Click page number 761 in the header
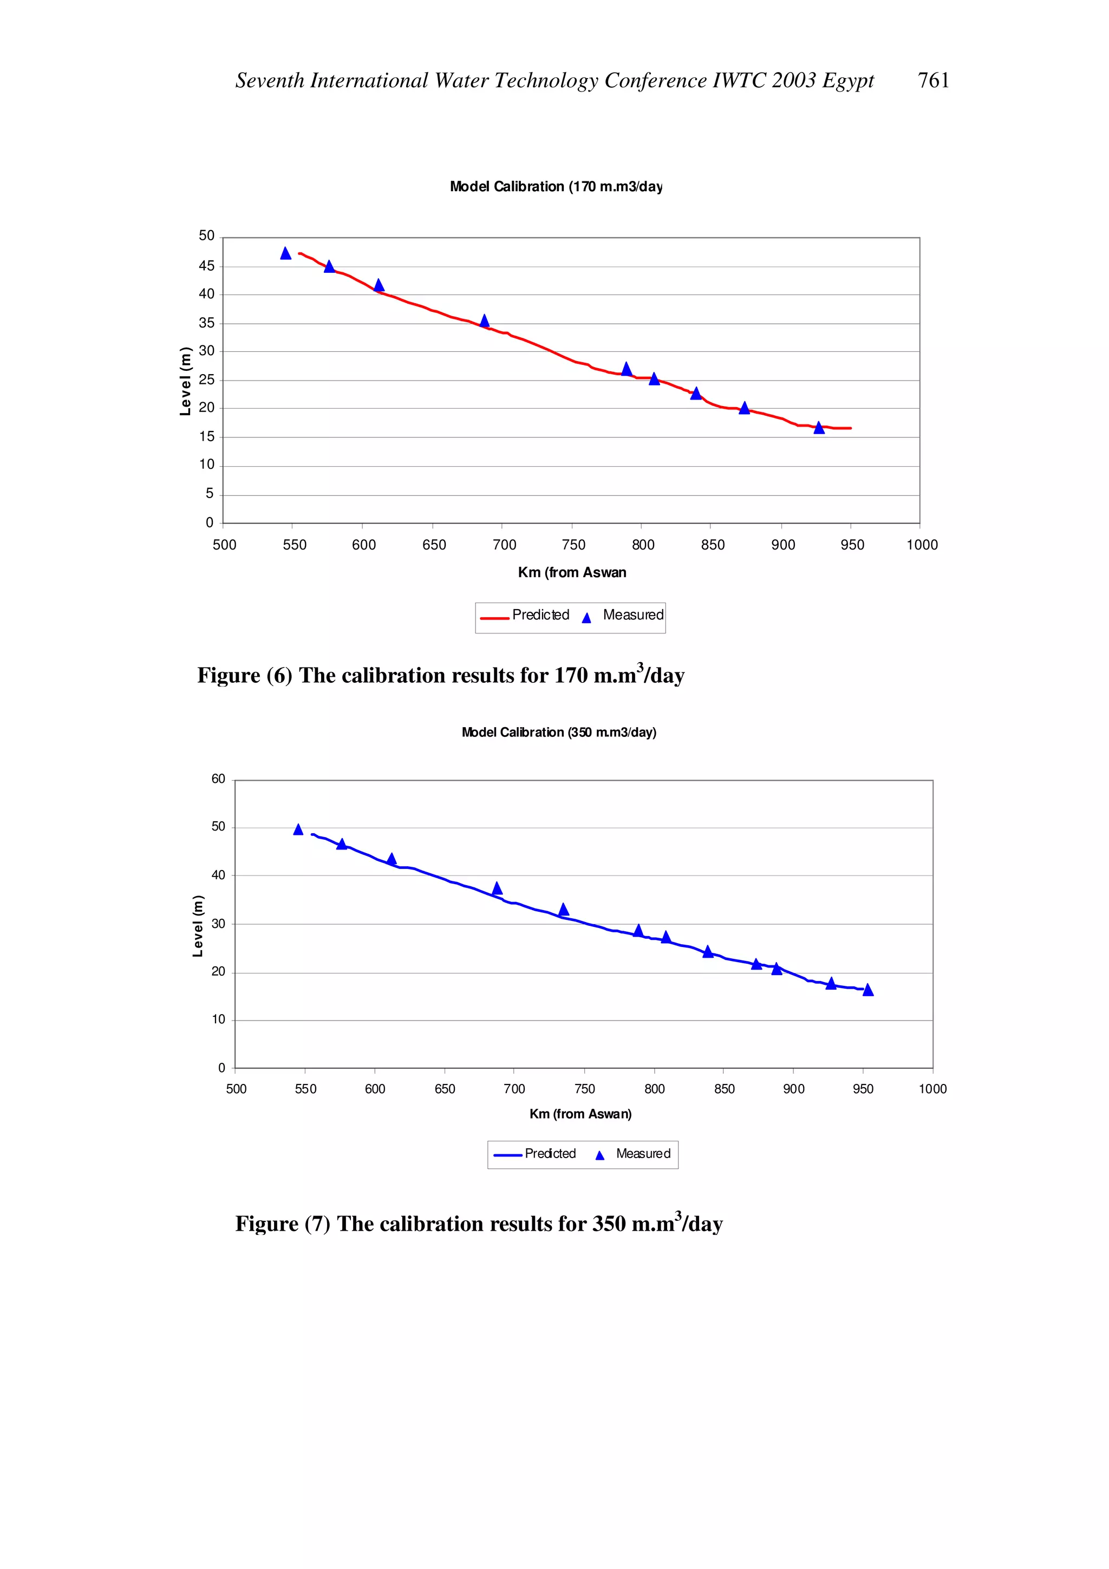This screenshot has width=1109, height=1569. (932, 81)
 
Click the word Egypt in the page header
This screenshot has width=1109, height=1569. (847, 81)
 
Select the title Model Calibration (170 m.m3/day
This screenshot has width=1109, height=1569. (556, 187)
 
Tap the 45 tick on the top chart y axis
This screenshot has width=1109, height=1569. (206, 266)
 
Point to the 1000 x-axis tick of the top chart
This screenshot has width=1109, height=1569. (921, 545)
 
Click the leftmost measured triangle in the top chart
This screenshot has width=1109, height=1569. (285, 253)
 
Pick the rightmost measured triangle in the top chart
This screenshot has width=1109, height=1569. (819, 428)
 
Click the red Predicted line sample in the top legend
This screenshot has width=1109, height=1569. (494, 618)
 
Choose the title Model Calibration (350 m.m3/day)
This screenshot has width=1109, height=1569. (558, 732)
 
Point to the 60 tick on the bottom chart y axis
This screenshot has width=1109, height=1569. (218, 779)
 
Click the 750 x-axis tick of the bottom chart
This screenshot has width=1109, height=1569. (584, 1089)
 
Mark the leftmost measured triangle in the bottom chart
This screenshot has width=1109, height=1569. (298, 829)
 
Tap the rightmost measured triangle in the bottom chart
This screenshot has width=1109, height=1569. (868, 990)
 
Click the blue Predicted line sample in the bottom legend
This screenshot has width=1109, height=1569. (508, 1155)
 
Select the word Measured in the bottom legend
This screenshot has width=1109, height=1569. (642, 1154)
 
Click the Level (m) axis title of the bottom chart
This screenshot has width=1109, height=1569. (198, 925)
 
